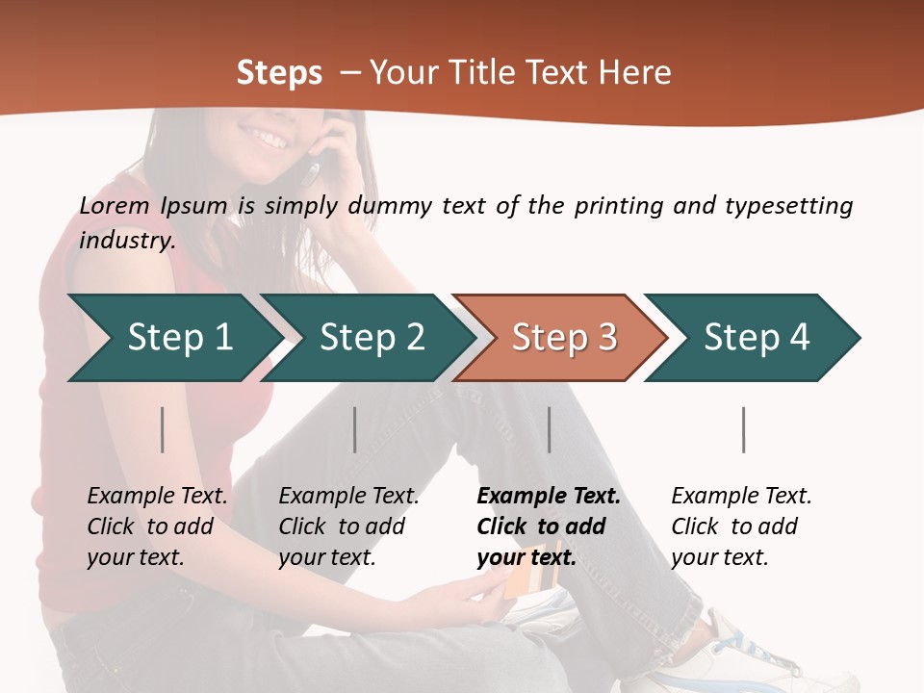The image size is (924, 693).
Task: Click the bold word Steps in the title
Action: tap(279, 73)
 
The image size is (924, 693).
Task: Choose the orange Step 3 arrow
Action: tap(563, 338)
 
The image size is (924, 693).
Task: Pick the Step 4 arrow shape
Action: tap(756, 338)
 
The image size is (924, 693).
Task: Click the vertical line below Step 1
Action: tap(163, 429)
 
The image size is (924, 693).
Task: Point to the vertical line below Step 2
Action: tap(355, 429)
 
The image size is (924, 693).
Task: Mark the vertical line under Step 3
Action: tap(550, 429)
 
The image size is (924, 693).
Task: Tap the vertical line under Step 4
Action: tap(744, 429)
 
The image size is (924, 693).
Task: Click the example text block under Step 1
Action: tap(157, 526)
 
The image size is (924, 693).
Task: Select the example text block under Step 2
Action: tap(348, 526)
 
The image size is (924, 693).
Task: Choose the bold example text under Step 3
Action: tap(549, 526)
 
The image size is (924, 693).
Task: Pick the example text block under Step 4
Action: tap(741, 526)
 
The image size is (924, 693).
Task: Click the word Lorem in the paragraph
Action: tap(115, 206)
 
